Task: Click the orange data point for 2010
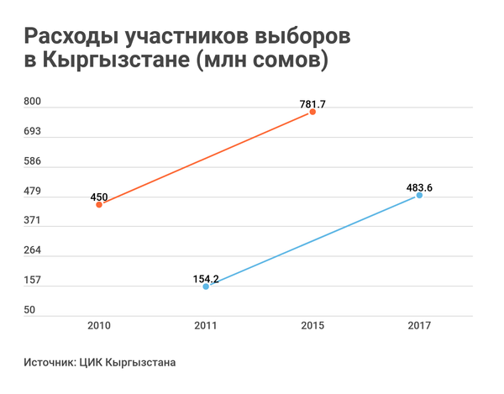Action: [x=99, y=204]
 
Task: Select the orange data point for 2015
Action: [x=312, y=112]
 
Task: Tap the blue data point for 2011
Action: [x=206, y=286]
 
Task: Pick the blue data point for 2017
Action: [x=419, y=195]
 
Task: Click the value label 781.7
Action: [x=312, y=104]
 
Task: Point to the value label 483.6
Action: [x=419, y=187]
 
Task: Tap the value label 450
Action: [x=99, y=197]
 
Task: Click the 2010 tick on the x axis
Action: [x=99, y=325]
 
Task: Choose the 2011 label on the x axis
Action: [x=206, y=325]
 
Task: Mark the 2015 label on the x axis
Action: [x=312, y=325]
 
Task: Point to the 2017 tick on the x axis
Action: [x=419, y=325]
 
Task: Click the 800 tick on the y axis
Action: [x=32, y=101]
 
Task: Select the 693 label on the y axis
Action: [x=32, y=131]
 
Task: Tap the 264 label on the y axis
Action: [x=32, y=250]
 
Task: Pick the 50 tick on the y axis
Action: [x=29, y=310]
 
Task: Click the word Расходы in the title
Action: [x=70, y=37]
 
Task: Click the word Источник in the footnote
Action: [x=50, y=363]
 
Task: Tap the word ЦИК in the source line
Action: [x=90, y=363]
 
